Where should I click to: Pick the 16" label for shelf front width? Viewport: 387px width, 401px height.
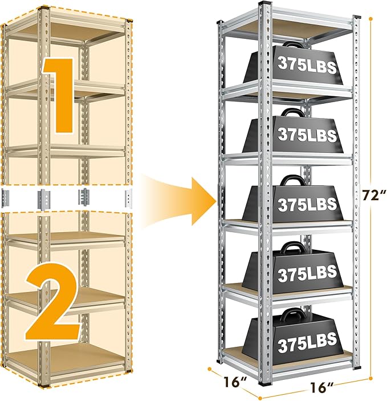point(323,387)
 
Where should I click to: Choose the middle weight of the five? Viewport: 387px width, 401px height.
point(296,204)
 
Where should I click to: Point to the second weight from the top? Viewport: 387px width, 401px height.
point(296,134)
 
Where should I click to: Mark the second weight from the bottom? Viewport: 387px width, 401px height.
point(296,273)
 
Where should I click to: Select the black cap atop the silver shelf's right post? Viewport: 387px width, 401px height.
point(358,20)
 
